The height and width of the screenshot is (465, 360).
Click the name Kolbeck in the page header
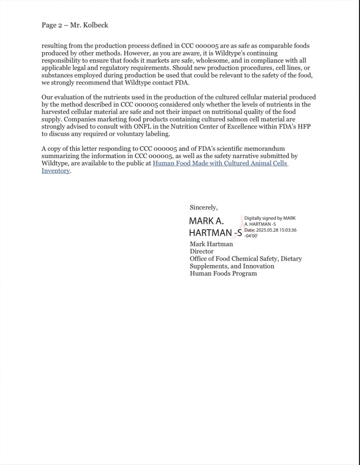coord(95,25)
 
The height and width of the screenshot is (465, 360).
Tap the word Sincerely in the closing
coord(203,208)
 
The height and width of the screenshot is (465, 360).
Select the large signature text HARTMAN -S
coord(215,233)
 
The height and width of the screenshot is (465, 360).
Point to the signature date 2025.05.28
coord(271,230)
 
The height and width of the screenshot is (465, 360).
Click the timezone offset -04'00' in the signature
coord(251,236)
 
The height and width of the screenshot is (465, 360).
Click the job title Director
coord(202,251)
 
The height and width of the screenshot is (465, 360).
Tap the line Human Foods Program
coord(223,273)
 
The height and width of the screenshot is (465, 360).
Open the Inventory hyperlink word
coord(56,171)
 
